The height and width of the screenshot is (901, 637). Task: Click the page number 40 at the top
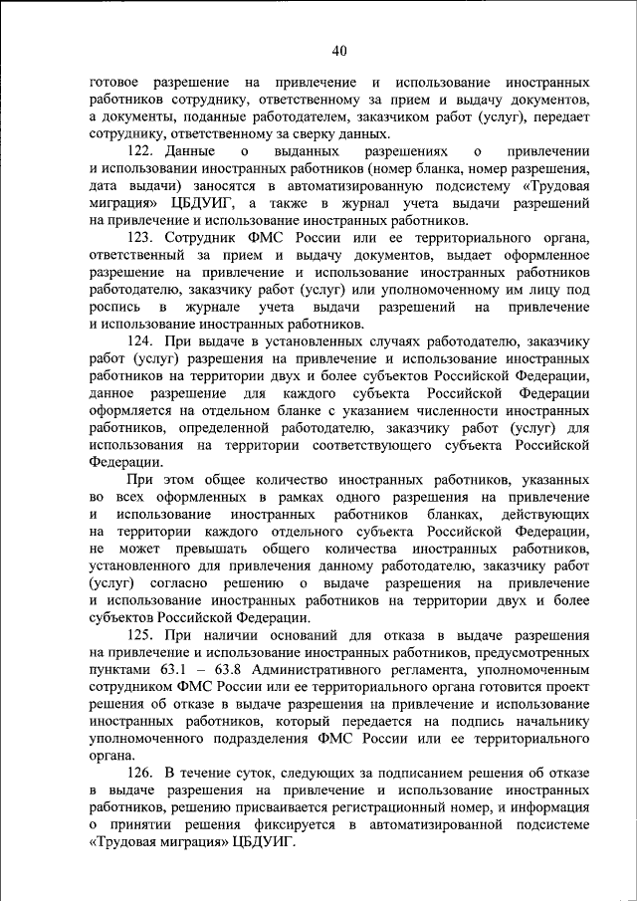tap(338, 51)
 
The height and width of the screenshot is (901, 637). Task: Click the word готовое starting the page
tap(113, 81)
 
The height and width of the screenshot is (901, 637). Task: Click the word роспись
tap(113, 306)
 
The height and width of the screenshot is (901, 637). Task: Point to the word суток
tap(261, 772)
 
